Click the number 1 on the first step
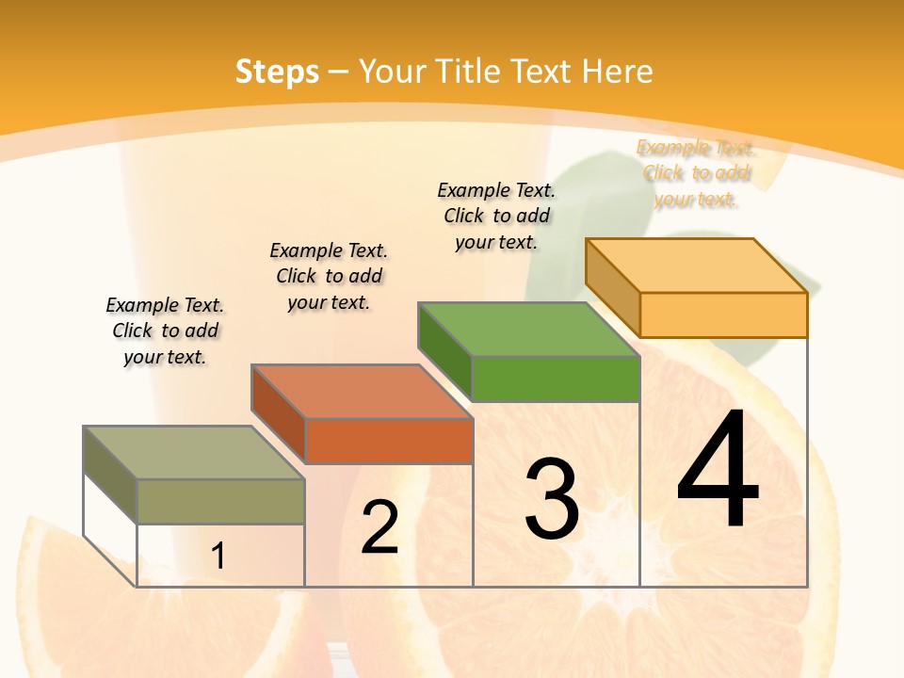[218, 557]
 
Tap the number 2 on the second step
[379, 527]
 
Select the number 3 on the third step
[551, 499]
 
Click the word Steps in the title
[277, 72]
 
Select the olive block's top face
[194, 453]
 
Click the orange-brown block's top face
[362, 392]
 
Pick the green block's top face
[528, 330]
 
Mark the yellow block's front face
[723, 315]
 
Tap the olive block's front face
[220, 501]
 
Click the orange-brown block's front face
[388, 441]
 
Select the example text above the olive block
[165, 331]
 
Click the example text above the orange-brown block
[329, 276]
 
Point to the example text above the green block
[496, 216]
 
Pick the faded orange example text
[696, 173]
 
